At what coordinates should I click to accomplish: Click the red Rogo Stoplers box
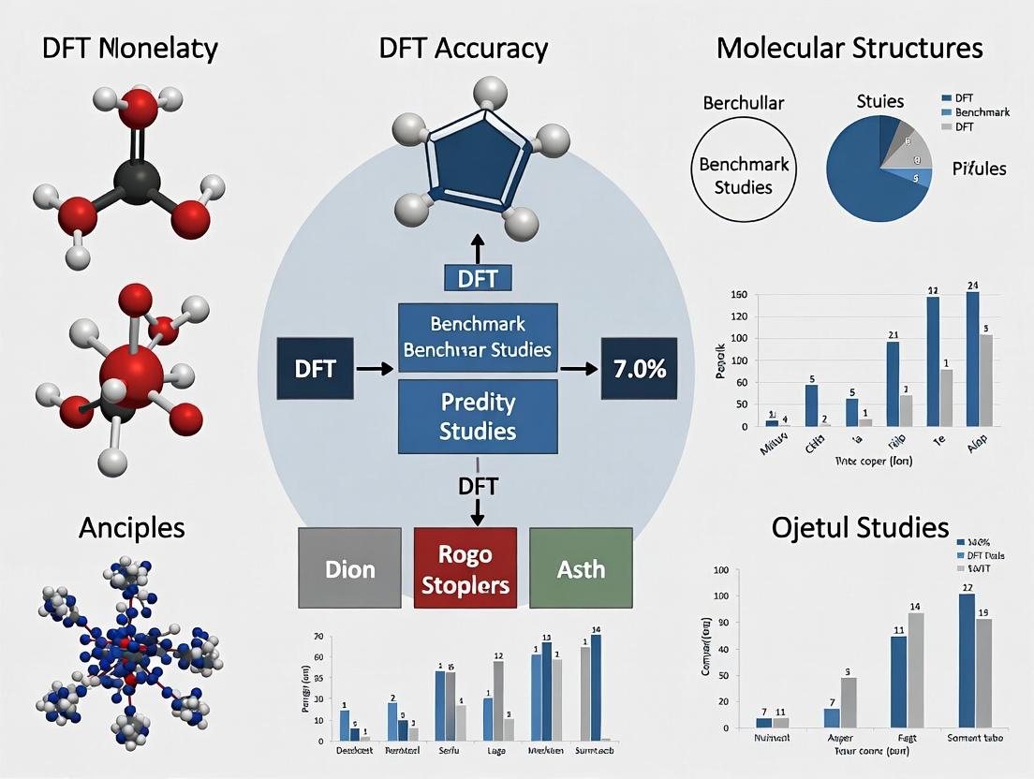465,569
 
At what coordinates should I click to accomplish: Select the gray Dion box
350,569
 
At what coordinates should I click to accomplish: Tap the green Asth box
581,569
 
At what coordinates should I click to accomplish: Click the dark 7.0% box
641,369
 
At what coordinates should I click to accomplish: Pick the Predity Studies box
479,418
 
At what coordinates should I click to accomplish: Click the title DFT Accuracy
464,49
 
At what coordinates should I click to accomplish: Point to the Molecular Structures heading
849,49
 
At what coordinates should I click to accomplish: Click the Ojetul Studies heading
860,527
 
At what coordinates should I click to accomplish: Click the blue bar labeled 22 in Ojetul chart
967,660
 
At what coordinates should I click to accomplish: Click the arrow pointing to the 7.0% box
580,369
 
